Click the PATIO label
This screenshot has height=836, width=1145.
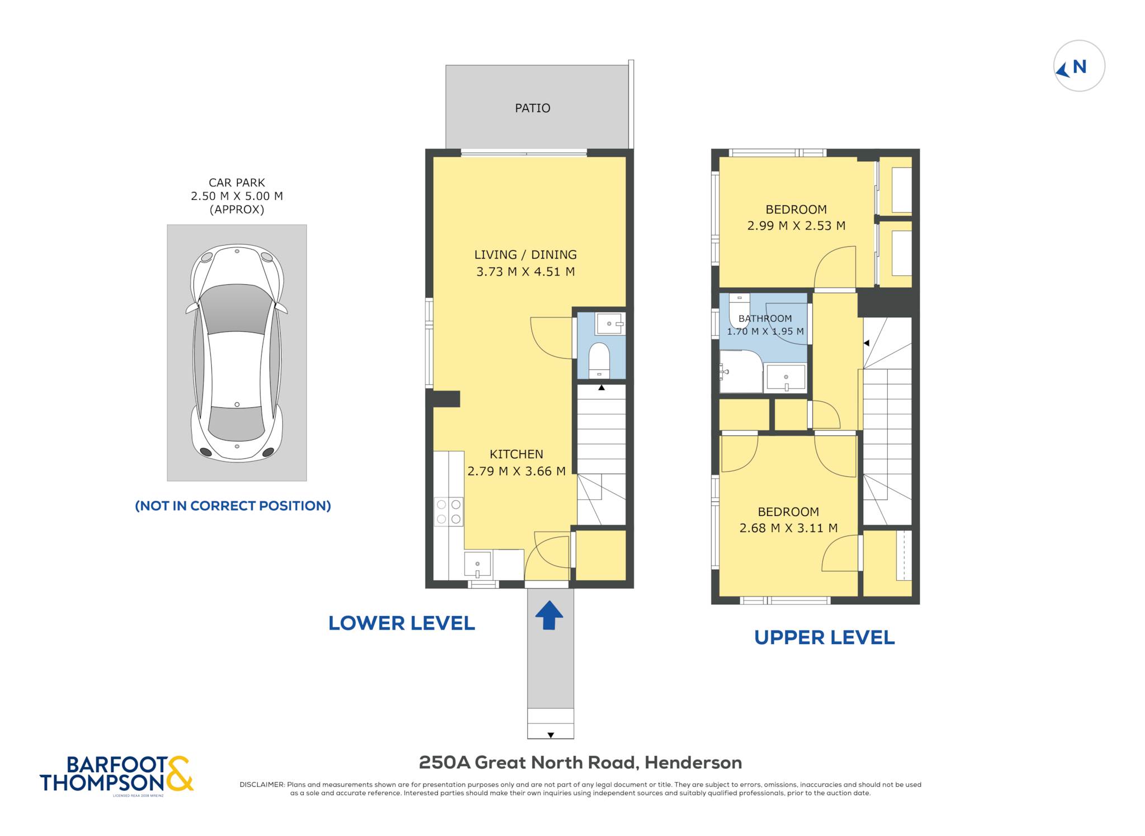(532, 108)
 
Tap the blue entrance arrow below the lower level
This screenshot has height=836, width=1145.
(549, 616)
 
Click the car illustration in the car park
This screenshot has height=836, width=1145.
(236, 353)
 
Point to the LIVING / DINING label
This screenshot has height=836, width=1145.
(526, 255)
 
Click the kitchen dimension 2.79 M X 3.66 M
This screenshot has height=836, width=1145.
(517, 471)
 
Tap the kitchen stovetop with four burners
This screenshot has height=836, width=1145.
(449, 511)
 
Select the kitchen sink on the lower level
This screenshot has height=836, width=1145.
(477, 565)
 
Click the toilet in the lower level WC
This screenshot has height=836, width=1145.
(599, 360)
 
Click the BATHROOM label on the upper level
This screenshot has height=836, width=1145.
(765, 318)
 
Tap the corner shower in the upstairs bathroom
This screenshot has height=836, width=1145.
(741, 372)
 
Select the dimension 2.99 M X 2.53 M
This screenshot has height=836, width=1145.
(796, 226)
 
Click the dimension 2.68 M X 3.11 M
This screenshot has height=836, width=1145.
(788, 528)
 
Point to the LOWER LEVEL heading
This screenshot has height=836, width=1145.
(401, 623)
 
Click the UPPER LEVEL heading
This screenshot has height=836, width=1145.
(824, 637)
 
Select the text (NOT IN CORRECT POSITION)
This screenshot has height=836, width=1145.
(233, 506)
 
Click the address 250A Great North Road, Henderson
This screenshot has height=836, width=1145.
(580, 763)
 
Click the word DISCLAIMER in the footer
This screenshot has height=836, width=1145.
(262, 785)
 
